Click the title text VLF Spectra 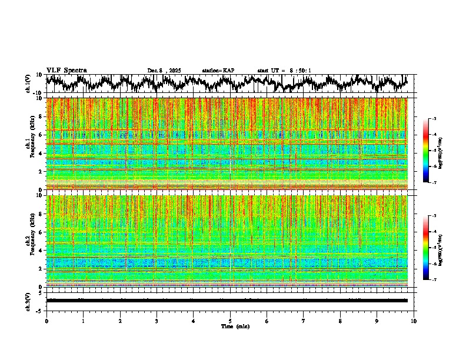click(66, 71)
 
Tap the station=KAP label click(218, 71)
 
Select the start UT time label click(284, 71)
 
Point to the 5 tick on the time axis click(230, 321)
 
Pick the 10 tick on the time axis click(414, 321)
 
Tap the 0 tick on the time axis click(46, 321)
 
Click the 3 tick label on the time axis click(157, 321)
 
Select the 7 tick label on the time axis click(304, 321)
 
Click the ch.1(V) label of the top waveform click(28, 84)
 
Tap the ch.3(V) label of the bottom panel click(28, 300)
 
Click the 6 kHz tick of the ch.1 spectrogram click(41, 135)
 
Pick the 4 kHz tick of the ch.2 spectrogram click(41, 251)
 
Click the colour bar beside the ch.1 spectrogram click(432, 151)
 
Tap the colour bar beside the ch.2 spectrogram click(432, 247)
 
